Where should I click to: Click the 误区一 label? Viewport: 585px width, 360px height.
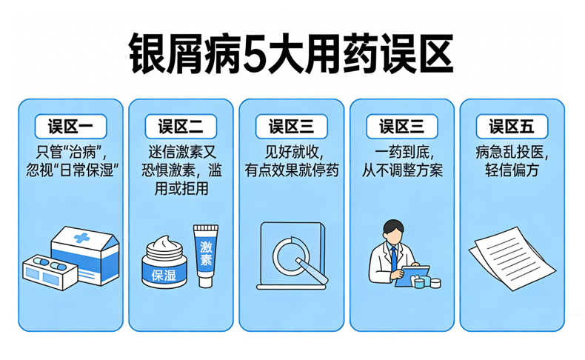[x=70, y=127]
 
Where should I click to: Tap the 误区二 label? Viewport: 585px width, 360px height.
[x=181, y=127]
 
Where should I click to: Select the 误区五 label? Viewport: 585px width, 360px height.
[x=512, y=127]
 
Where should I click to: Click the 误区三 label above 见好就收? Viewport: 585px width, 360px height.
[x=291, y=127]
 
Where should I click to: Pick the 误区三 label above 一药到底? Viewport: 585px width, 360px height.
[x=402, y=127]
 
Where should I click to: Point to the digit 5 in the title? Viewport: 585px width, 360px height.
[x=255, y=54]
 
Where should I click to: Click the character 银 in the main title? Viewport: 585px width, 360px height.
[x=147, y=54]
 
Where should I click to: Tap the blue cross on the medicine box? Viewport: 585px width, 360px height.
[x=81, y=238]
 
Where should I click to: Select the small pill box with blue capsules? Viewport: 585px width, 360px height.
[x=50, y=273]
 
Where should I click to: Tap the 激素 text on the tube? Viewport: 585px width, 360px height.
[x=206, y=253]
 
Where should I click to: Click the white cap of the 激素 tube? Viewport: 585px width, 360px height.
[x=206, y=281]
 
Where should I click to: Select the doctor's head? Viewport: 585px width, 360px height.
[x=393, y=231]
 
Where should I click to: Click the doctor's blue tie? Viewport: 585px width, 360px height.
[x=394, y=259]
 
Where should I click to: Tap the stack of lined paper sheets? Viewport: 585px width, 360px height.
[x=512, y=259]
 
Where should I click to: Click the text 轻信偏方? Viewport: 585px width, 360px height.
[x=512, y=170]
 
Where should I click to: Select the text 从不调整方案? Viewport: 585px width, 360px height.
[x=402, y=170]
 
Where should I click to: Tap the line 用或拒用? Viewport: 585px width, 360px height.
[x=181, y=189]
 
